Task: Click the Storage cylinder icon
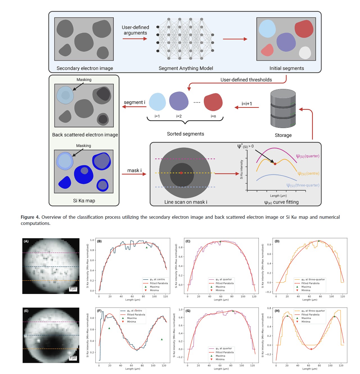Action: click(283, 109)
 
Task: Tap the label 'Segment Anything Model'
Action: click(186, 68)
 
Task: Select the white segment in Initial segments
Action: click(305, 53)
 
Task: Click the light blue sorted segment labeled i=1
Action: click(157, 102)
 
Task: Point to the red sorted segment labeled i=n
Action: click(213, 102)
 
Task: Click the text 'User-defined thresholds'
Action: click(246, 80)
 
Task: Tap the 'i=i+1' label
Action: click(247, 104)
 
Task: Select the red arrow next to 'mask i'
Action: click(134, 174)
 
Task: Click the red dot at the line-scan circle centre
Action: click(181, 173)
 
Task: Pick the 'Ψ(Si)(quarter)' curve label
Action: click(307, 156)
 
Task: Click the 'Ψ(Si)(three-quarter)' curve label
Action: click(303, 185)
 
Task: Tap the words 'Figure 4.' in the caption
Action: click(30, 217)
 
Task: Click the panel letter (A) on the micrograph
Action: click(26, 241)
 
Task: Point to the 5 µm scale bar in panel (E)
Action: click(73, 358)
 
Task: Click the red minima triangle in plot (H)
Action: click(311, 349)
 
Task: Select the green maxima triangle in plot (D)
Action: click(319, 241)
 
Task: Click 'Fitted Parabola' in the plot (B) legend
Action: click(159, 283)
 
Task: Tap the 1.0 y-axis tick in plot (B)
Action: click(92, 240)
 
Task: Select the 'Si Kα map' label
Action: click(84, 200)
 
